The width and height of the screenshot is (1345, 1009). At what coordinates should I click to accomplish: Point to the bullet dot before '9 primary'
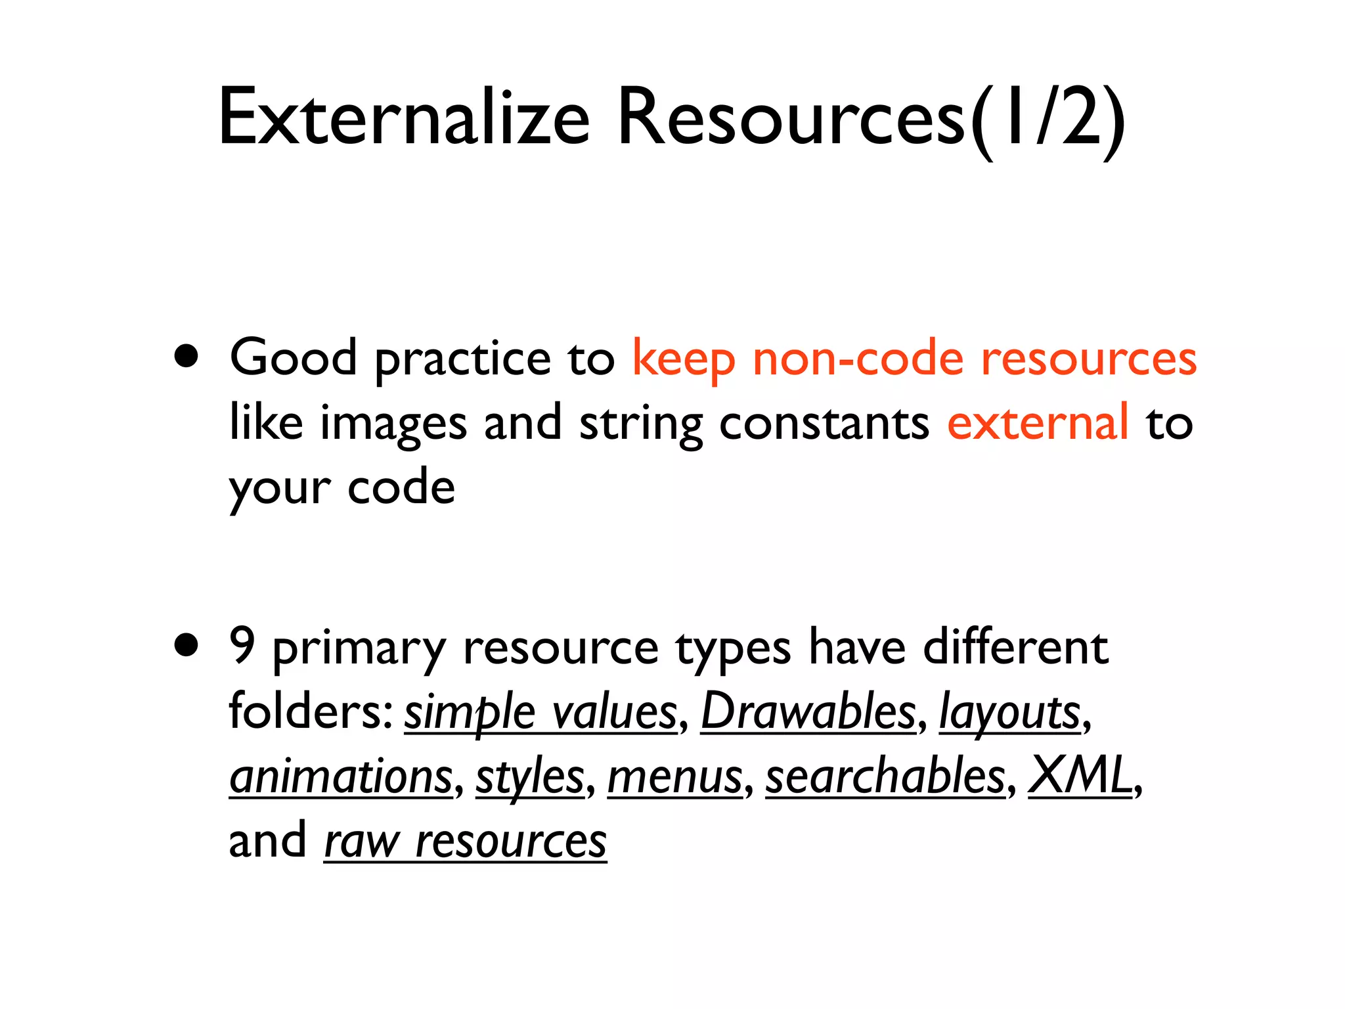click(x=187, y=646)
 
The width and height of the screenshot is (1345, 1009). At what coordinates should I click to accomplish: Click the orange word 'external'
click(x=1038, y=422)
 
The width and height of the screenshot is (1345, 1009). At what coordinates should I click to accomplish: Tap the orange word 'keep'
click(x=683, y=360)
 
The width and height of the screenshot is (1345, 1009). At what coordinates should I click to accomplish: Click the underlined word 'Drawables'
click(x=808, y=712)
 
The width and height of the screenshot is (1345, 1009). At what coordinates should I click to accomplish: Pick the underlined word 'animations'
click(x=341, y=776)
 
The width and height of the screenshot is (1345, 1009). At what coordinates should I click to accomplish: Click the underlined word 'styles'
click(x=530, y=778)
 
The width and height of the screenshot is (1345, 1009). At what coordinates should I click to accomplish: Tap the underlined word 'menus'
click(x=674, y=776)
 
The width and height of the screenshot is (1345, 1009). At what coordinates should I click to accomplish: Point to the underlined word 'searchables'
click(x=885, y=776)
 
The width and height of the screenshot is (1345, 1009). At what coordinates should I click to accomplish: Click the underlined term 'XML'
click(x=1080, y=775)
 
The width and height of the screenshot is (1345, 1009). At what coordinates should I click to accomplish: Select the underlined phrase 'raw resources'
click(x=465, y=841)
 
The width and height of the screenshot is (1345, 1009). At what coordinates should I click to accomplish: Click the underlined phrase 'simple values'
click(x=540, y=712)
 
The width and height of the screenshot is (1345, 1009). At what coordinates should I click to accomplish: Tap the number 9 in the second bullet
click(x=242, y=646)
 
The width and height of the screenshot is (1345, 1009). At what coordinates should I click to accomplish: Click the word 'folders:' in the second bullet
click(x=311, y=711)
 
